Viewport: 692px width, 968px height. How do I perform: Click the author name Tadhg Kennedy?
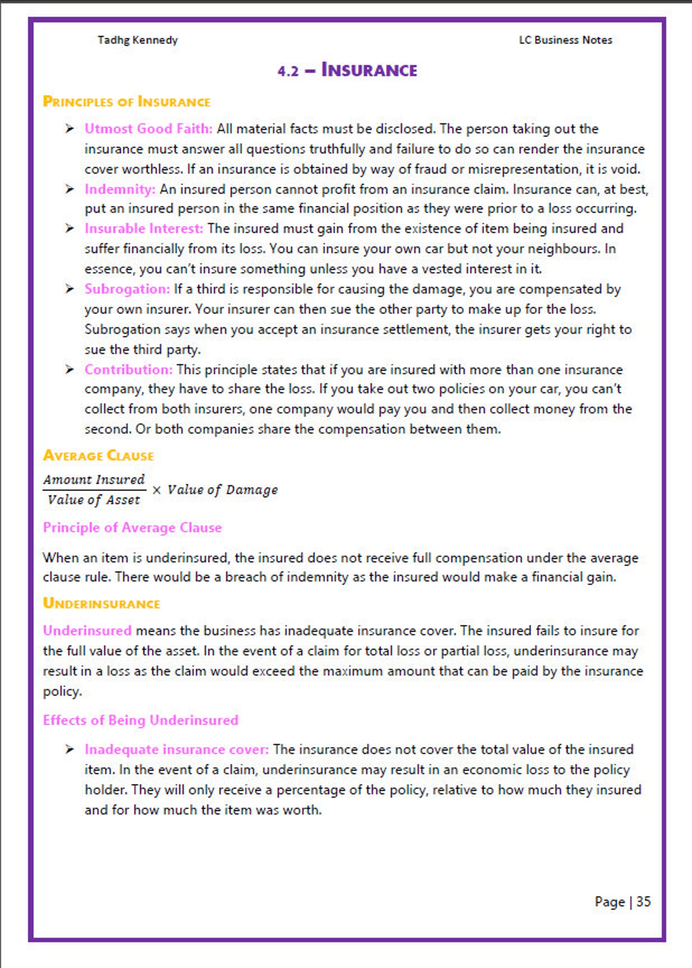tap(137, 40)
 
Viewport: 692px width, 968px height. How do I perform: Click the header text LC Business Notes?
tap(565, 40)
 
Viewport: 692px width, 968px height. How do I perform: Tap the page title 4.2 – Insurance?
tap(347, 70)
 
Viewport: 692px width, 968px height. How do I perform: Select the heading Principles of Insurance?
tap(126, 102)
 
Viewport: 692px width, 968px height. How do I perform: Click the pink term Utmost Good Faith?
tap(148, 129)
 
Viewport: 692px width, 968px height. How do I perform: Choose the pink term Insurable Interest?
tap(144, 228)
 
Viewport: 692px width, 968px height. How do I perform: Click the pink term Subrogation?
tap(127, 289)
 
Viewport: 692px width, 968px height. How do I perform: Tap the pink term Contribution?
tap(129, 369)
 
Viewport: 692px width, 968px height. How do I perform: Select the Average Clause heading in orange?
tap(98, 456)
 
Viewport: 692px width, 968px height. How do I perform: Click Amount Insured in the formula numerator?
tap(94, 480)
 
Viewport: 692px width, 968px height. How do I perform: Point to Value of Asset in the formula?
tap(94, 500)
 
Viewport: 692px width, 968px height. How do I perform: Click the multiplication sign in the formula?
tap(157, 490)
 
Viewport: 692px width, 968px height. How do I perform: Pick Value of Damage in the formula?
tap(223, 490)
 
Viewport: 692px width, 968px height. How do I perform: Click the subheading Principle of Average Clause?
tap(132, 528)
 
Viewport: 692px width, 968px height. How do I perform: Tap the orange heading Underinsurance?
tap(102, 603)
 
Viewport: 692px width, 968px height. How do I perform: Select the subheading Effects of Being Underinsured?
tap(140, 720)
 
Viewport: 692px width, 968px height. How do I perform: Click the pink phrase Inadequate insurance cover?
tap(176, 749)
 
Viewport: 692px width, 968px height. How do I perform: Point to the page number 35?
tap(643, 901)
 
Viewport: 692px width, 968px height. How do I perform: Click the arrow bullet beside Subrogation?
tap(69, 289)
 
